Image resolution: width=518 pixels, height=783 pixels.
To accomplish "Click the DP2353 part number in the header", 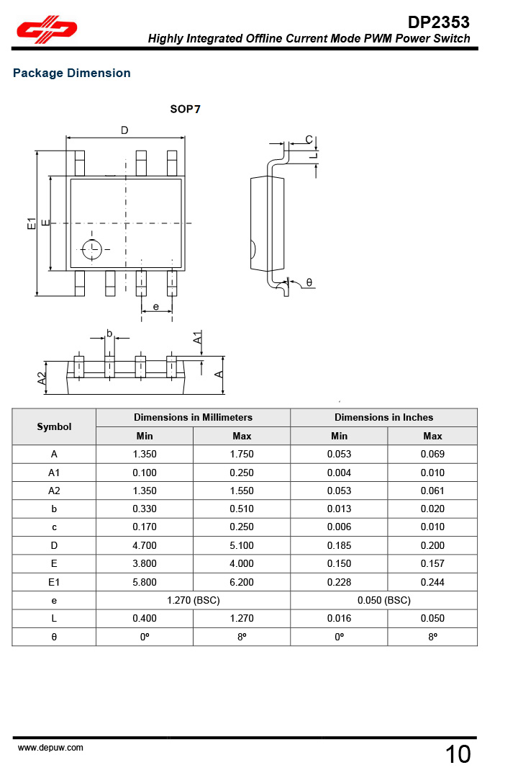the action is coord(438,22).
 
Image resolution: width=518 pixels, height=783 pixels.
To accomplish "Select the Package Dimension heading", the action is coord(72,73).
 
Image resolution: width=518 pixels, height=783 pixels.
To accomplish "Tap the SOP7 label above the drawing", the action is coord(185,109).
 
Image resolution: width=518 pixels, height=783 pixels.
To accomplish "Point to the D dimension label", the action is coord(124,130).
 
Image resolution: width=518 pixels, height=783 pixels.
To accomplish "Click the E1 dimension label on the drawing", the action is coord(32,223).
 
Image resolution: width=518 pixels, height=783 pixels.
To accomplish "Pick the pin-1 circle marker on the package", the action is coord(92,250).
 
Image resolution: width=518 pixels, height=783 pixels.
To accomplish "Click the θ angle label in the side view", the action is coord(309,282).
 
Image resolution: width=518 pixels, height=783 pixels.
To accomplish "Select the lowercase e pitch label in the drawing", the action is coord(156,307).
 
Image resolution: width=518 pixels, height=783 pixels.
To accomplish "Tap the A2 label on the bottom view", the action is coord(42,378).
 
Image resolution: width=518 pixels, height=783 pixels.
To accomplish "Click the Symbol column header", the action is coord(54,426).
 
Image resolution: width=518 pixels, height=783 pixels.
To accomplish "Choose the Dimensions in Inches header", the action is coord(384,417).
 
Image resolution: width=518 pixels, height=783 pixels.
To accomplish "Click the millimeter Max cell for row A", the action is coord(242,454).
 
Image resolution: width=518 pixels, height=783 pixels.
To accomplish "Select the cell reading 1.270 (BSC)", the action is coord(194,600).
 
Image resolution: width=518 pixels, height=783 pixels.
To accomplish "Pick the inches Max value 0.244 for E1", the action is coord(433,582).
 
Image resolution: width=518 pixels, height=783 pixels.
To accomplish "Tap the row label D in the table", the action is coord(54,545).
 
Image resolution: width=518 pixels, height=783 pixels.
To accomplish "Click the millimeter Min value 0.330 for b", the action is coord(145,509).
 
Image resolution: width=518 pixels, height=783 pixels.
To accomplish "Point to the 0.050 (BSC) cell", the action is coord(384,600).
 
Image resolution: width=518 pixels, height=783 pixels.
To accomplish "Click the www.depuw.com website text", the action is coord(50,748).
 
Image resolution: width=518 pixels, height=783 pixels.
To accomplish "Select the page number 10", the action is coord(458,754).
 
